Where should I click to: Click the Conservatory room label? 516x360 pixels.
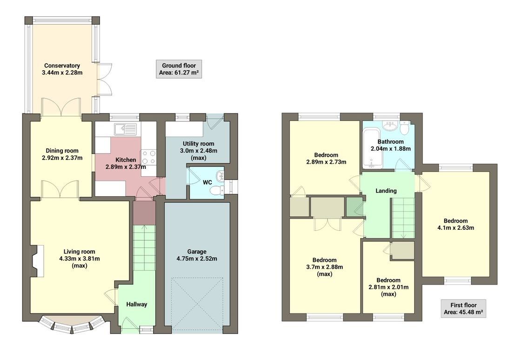click(62, 66)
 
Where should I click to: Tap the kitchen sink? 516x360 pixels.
click(124, 128)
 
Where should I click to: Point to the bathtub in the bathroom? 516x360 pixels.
click(370, 148)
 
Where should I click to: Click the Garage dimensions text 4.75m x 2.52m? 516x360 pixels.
click(197, 259)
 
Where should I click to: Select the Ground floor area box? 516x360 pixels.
click(179, 69)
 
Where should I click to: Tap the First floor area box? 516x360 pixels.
click(463, 309)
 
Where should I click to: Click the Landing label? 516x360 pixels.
click(386, 191)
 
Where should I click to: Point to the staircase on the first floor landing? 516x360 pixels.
click(403, 217)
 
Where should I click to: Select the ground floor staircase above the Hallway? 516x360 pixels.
click(144, 247)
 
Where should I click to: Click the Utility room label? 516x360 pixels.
click(198, 144)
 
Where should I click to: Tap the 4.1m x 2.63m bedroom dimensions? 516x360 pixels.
click(456, 228)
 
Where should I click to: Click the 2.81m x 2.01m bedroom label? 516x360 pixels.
click(389, 280)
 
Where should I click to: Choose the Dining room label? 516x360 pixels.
click(62, 151)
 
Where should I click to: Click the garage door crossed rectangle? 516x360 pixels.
click(197, 301)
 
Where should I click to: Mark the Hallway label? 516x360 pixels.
click(137, 304)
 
